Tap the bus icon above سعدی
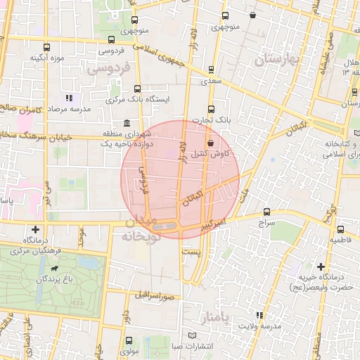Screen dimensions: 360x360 [x=212, y=70]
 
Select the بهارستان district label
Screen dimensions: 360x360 [x=278, y=60]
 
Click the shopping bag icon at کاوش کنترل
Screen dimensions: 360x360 [x=211, y=143]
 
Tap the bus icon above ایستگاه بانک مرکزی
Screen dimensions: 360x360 [x=136, y=89]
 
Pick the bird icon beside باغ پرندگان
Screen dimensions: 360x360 [x=55, y=269]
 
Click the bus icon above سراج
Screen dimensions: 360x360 [x=266, y=211]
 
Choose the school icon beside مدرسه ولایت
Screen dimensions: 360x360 [x=260, y=315]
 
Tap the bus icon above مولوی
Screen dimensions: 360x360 [x=127, y=338]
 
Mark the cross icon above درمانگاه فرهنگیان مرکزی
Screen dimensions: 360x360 [x=36, y=229]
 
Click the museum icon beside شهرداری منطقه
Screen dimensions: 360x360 [x=126, y=124]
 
